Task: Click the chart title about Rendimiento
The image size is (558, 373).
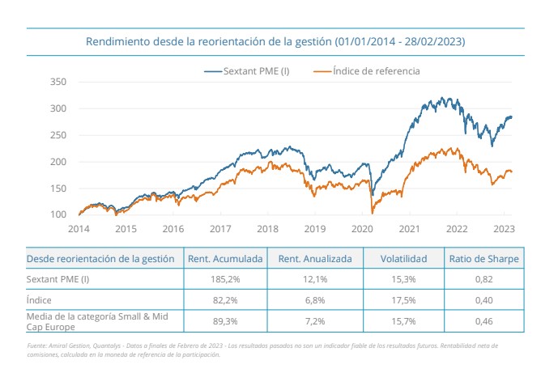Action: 279,40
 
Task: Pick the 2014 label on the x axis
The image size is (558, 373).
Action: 79,229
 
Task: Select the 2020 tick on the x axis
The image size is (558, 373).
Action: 362,229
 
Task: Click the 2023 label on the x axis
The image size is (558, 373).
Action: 504,229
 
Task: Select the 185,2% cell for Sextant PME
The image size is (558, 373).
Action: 227,279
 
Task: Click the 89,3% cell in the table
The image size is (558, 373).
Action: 227,321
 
